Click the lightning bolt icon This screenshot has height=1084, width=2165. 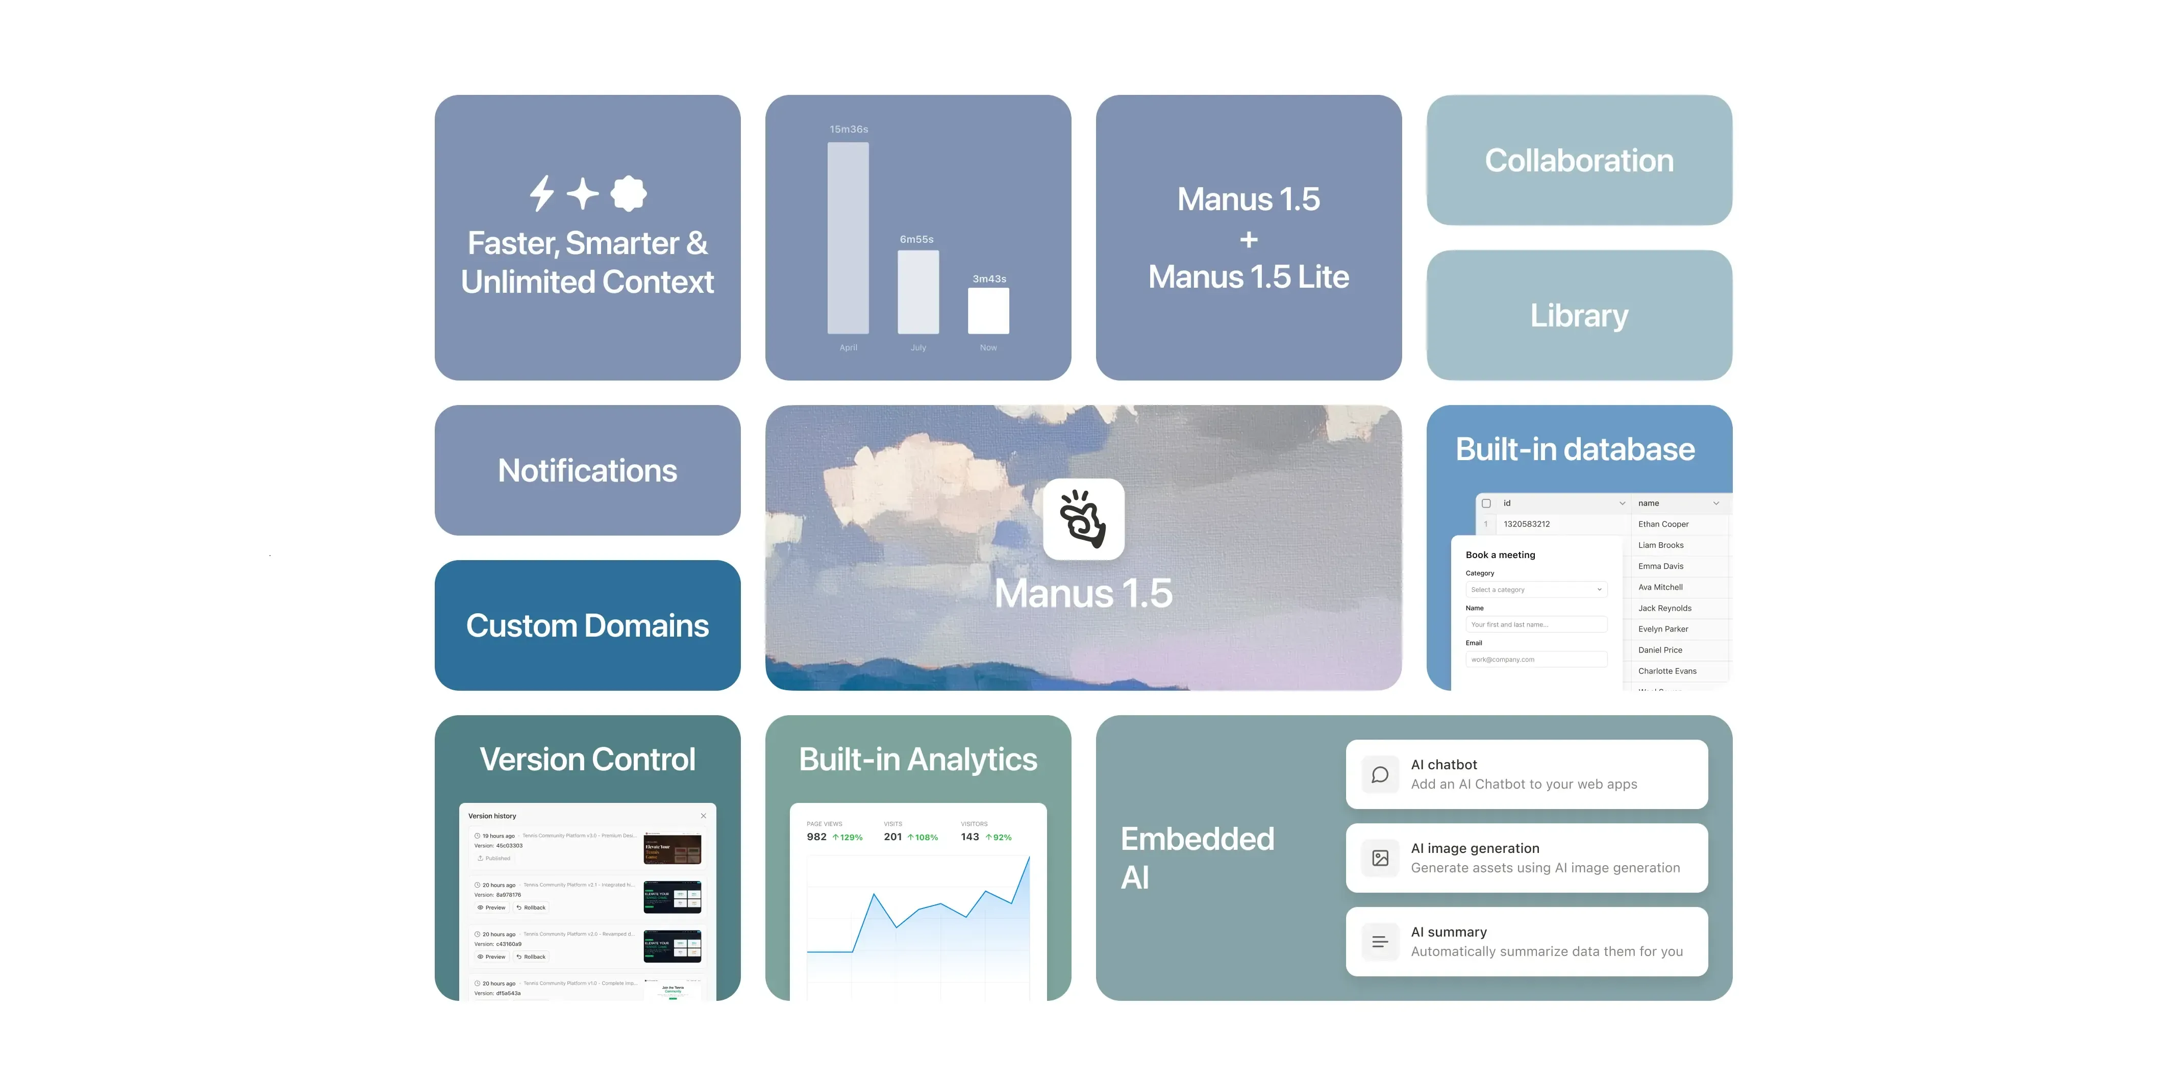click(542, 193)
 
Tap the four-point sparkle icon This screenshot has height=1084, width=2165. click(582, 193)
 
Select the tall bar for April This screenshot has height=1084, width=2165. click(848, 238)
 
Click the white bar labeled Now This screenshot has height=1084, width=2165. click(988, 311)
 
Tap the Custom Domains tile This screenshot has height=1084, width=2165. click(587, 626)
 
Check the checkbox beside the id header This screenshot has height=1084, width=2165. click(1486, 503)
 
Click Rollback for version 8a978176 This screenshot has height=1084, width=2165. click(531, 907)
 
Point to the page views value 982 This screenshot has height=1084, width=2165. click(816, 837)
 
